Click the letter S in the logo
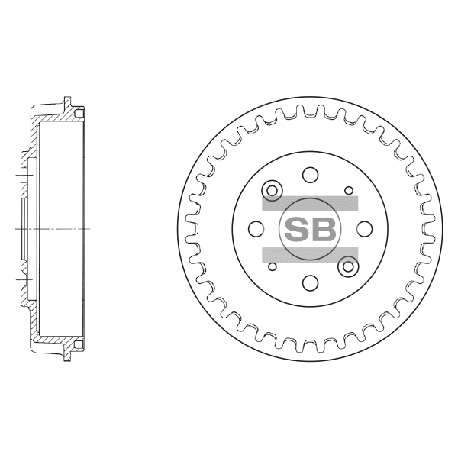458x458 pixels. pos(295,230)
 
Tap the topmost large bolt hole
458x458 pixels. pos(310,175)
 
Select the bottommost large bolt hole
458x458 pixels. pos(310,282)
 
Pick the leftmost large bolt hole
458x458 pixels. pos(256,229)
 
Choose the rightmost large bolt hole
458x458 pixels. pos(364,229)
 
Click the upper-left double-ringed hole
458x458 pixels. pos(273,191)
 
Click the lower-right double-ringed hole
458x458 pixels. pos(348,266)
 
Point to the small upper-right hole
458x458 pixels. pos(349,191)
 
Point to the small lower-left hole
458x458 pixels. pos(273,266)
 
